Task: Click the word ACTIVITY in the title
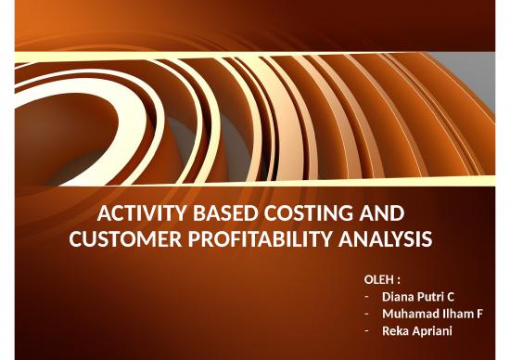click(138, 212)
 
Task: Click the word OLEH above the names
click(378, 279)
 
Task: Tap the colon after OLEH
click(399, 279)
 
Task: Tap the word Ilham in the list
click(455, 313)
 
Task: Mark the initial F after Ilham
click(479, 313)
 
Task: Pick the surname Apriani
click(430, 330)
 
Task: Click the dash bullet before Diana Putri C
click(366, 297)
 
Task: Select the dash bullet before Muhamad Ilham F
click(366, 314)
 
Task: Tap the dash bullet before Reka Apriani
click(366, 330)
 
